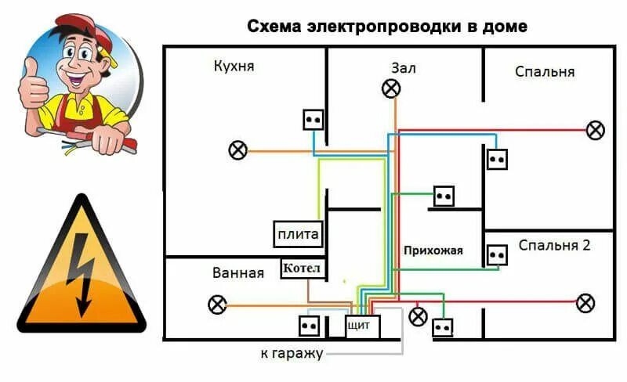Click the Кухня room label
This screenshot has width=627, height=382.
[234, 67]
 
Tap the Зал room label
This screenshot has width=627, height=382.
[404, 68]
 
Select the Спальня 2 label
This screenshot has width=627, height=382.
[554, 245]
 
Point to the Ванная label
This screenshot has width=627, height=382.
[237, 274]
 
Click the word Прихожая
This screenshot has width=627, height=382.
[433, 251]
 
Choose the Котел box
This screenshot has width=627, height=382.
[302, 269]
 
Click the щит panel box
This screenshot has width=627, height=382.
[363, 326]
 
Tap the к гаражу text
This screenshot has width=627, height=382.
[292, 354]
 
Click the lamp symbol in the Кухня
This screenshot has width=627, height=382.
[237, 150]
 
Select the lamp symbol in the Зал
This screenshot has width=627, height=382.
[390, 88]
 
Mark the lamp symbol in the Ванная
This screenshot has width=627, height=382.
[216, 305]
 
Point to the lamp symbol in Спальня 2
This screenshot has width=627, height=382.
[585, 302]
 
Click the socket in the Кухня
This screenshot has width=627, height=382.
[313, 119]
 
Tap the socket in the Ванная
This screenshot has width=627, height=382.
[307, 326]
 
